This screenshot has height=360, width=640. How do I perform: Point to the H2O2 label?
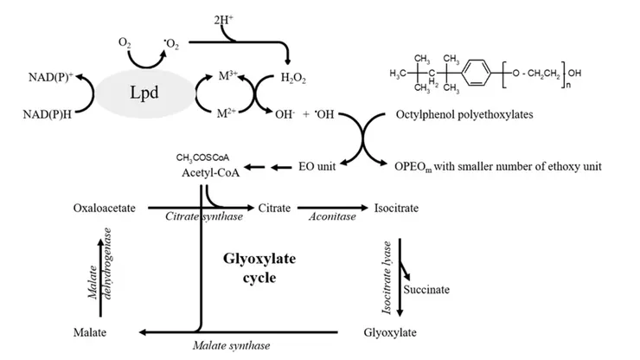(293, 78)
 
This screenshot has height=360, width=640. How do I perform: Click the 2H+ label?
(224, 18)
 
